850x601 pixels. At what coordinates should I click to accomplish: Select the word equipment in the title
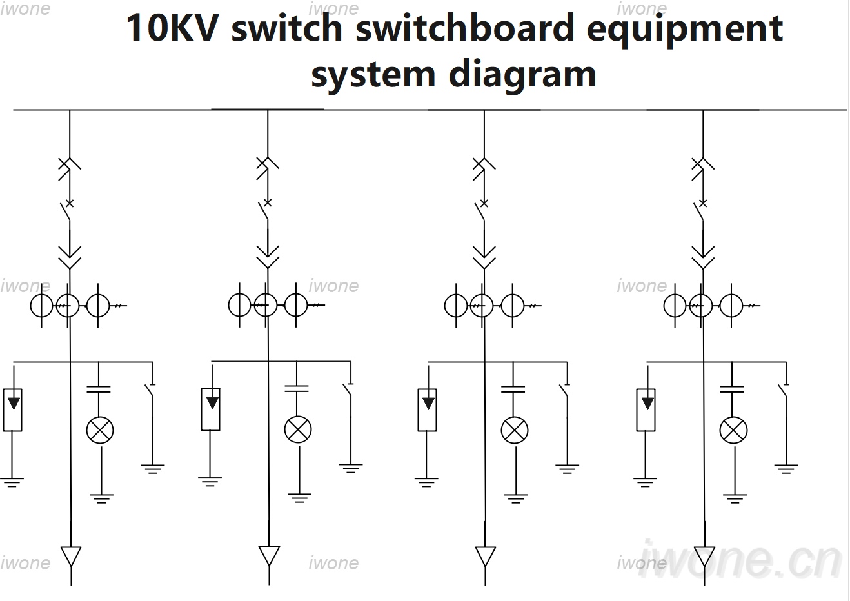point(684,30)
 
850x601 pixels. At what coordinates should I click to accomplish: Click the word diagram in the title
point(522,74)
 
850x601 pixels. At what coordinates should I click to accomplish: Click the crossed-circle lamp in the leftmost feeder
point(100,430)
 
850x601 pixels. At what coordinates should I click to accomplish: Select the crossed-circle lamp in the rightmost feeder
point(733,430)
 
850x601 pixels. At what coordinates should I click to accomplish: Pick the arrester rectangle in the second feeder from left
point(211,409)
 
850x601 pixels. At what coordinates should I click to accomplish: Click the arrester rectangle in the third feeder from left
point(428,409)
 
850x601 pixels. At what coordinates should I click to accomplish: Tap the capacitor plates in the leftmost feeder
point(99,389)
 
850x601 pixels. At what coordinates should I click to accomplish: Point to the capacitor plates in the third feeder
point(513,389)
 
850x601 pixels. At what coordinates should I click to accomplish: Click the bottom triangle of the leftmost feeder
point(71,557)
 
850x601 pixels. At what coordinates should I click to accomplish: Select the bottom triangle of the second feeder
point(269,556)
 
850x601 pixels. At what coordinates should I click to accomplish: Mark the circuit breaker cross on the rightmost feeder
point(703,204)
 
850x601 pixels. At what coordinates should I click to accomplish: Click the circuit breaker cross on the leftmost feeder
point(70,203)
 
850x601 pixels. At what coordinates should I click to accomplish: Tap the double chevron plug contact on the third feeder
point(484,257)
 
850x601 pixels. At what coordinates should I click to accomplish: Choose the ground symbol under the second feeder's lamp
point(299,498)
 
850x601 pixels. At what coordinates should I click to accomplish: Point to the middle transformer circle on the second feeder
point(266,305)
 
